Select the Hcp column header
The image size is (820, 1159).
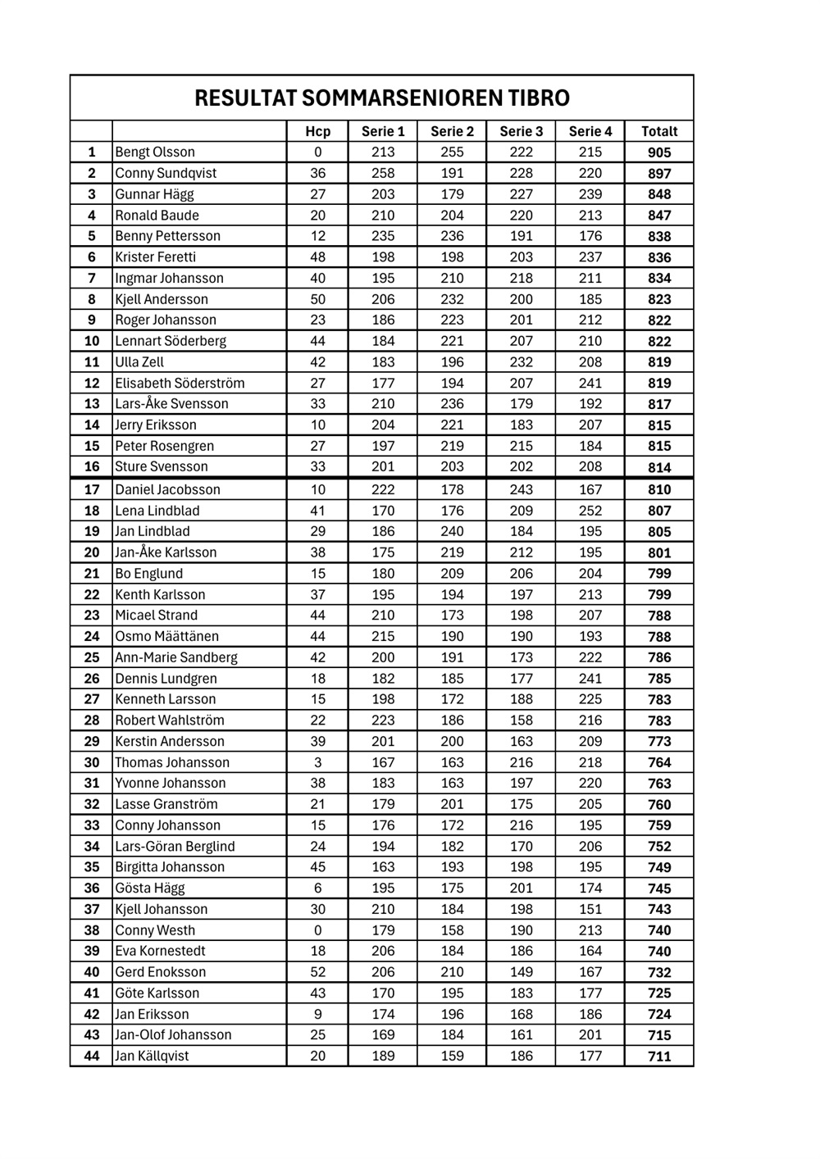pyautogui.click(x=317, y=131)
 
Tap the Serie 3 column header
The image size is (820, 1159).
pyautogui.click(x=521, y=131)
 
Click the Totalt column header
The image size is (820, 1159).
pyautogui.click(x=659, y=131)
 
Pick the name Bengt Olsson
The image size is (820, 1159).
pyautogui.click(x=155, y=152)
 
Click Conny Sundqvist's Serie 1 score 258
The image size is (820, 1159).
pyautogui.click(x=383, y=173)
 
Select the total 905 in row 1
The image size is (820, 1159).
pyautogui.click(x=659, y=152)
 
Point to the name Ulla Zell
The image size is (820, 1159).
pyautogui.click(x=139, y=362)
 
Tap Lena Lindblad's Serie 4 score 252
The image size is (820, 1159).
pyautogui.click(x=590, y=511)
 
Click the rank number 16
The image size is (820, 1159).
pyautogui.click(x=92, y=467)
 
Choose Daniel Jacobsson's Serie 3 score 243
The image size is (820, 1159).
pyautogui.click(x=521, y=489)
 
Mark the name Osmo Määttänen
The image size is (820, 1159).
pyautogui.click(x=166, y=636)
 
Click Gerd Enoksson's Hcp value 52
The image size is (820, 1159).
pyautogui.click(x=317, y=972)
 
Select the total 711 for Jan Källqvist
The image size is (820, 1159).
pyautogui.click(x=659, y=1057)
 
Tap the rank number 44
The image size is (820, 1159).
pyautogui.click(x=92, y=1057)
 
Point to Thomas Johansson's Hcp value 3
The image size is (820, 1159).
pyautogui.click(x=317, y=762)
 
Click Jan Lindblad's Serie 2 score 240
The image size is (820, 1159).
pyautogui.click(x=452, y=531)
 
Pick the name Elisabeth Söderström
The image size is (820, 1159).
pyautogui.click(x=180, y=383)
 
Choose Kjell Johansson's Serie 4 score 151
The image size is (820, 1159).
pyautogui.click(x=590, y=909)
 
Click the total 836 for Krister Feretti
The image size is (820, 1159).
pyautogui.click(x=659, y=257)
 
